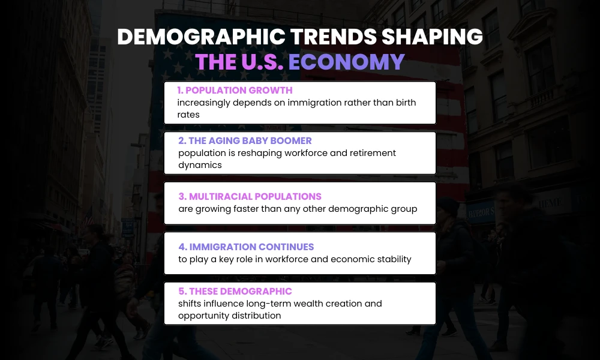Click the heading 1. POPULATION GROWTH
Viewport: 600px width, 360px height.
[x=235, y=91]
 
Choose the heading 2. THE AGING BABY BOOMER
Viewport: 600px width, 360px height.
[x=245, y=141]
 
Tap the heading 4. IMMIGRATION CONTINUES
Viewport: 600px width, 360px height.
[x=246, y=247]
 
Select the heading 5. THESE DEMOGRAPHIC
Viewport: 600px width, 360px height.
[x=235, y=292]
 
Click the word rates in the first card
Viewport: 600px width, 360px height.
[x=188, y=115]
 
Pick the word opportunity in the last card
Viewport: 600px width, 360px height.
[x=203, y=316]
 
